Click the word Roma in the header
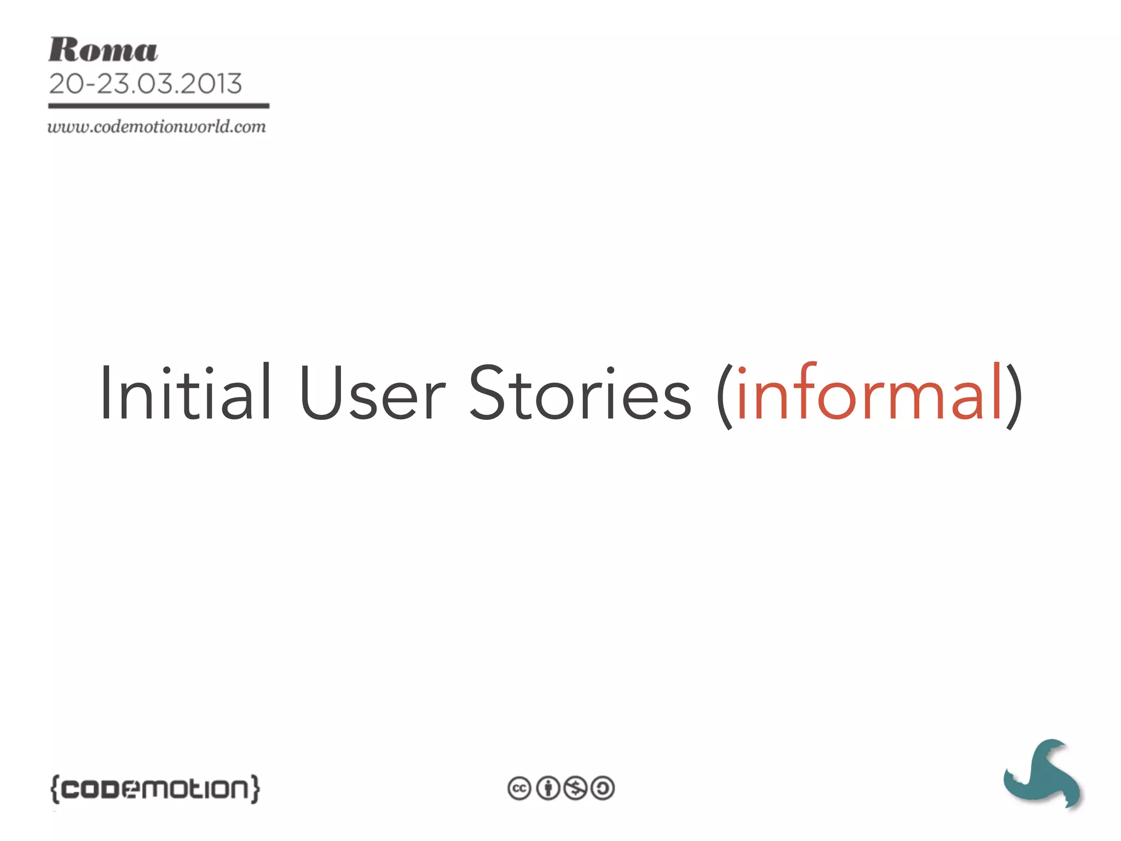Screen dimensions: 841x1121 pos(103,50)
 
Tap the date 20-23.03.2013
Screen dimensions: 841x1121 pos(145,84)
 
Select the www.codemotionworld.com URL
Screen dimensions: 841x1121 pos(157,127)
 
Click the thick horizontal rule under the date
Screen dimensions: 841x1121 pos(159,106)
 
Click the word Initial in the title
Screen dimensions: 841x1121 pos(185,393)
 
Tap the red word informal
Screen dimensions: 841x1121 pos(869,393)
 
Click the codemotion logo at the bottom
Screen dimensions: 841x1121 pos(155,789)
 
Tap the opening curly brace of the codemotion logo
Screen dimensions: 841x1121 pos(54,789)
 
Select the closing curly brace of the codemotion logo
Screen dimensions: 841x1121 pos(255,789)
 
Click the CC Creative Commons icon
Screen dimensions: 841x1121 pos(519,788)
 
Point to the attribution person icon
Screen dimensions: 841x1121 pos(547,788)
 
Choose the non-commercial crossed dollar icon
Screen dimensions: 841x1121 pos(575,788)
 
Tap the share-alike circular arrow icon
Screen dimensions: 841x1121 pos(603,788)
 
